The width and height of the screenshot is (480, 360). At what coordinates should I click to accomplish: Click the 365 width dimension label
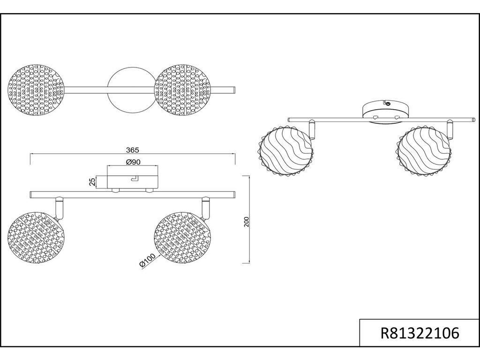133,150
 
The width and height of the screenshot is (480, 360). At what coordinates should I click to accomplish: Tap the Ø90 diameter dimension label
133,162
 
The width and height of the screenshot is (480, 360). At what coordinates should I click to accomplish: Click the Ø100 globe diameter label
147,261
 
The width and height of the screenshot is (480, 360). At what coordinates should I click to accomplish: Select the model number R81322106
420,333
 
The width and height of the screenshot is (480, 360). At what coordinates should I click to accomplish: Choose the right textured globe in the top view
183,90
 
